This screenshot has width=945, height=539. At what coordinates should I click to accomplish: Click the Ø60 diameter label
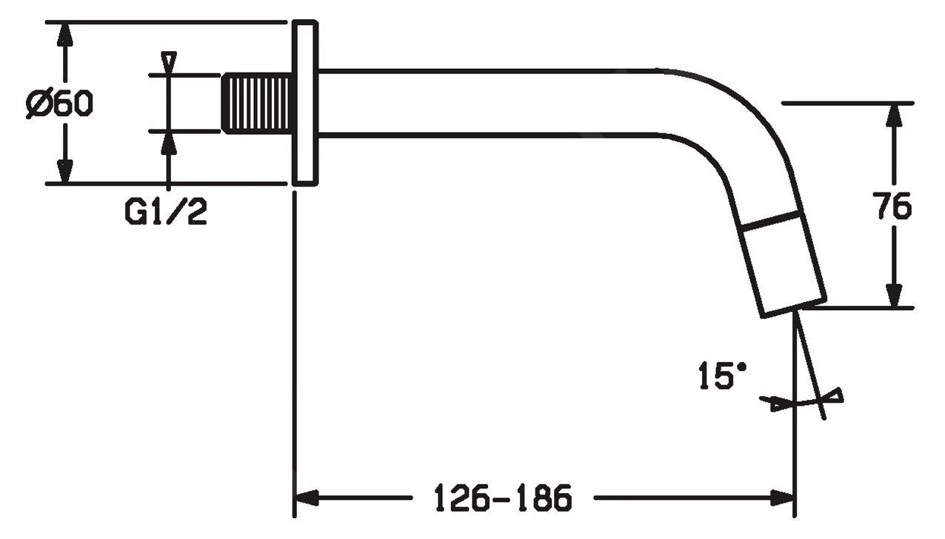pos(60,104)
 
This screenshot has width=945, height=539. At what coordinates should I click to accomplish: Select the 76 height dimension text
pos(893,207)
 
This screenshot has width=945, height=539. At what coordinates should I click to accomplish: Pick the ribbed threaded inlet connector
pos(257,103)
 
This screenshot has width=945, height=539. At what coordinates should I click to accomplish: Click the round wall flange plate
pos(305,103)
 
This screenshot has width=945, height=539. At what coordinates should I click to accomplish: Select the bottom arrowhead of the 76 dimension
pos(895,295)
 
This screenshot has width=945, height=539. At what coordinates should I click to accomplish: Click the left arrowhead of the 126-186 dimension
pos(307,498)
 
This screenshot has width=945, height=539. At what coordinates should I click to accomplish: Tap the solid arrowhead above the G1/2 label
pos(170,144)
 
